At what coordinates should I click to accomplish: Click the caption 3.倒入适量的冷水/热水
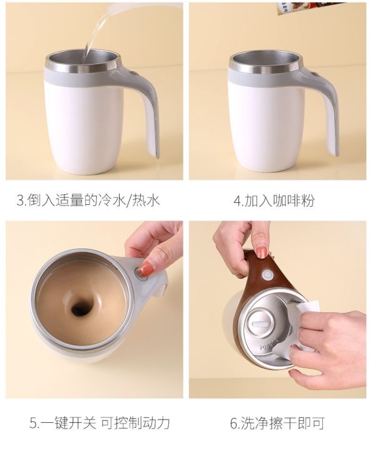coord(88,200)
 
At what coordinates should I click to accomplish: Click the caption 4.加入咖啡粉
coord(274,200)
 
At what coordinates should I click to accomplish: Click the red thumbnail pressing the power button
coord(145,269)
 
